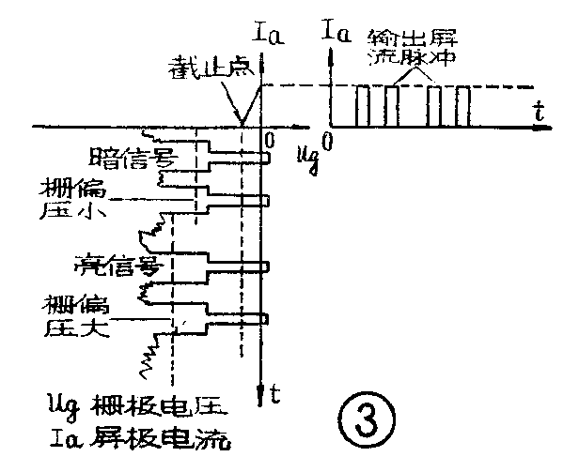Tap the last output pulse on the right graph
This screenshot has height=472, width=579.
pos(463,106)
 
